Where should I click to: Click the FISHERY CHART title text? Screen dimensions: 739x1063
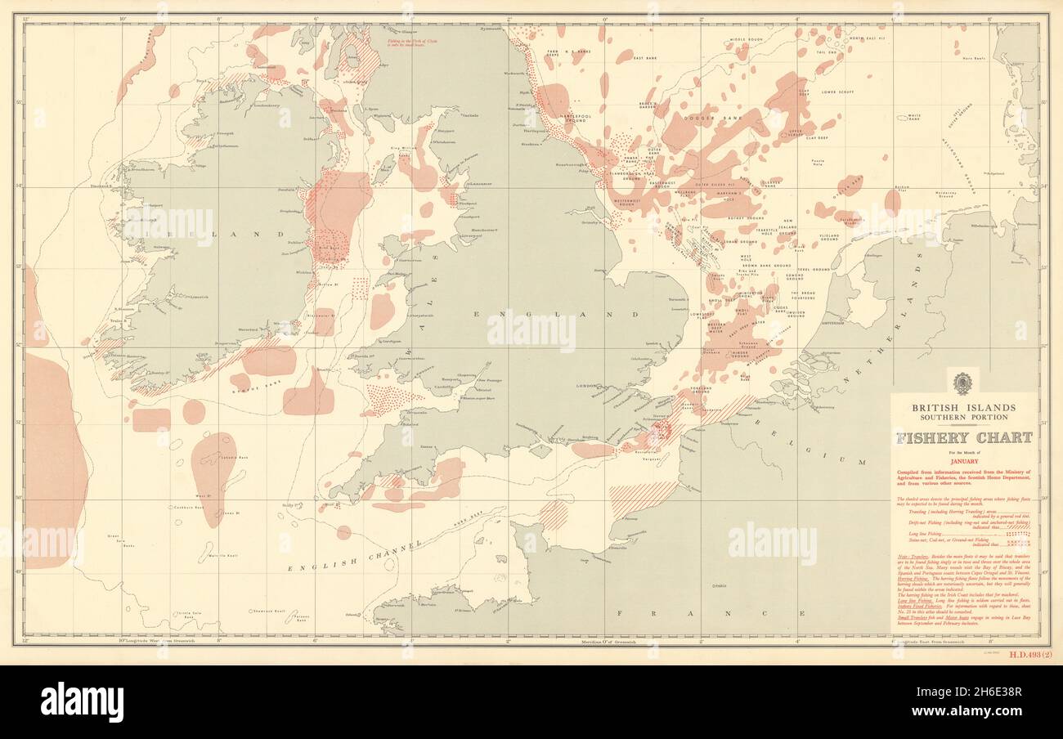tap(963, 437)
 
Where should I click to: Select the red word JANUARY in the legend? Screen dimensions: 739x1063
tap(963, 461)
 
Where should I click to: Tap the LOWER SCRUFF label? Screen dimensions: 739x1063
tap(838, 92)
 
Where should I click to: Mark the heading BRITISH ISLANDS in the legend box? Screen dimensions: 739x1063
tap(963, 407)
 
